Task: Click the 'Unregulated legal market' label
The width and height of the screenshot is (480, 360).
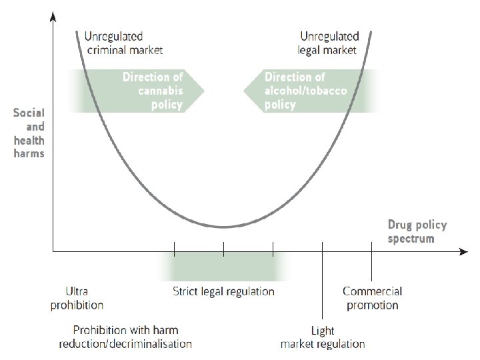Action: [329, 42]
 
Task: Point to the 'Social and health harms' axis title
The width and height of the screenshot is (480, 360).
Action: [29, 133]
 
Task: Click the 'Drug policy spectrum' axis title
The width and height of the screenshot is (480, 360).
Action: [417, 231]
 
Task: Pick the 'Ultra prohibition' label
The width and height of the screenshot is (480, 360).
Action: [77, 298]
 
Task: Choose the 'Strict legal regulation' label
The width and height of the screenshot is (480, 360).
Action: [223, 291]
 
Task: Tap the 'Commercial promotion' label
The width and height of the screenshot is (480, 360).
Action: [372, 298]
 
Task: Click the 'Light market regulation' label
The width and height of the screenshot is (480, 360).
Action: [323, 337]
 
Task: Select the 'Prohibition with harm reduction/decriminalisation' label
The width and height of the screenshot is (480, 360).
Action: [125, 337]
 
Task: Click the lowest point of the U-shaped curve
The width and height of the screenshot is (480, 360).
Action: [224, 227]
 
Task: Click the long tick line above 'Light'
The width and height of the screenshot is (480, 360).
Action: [323, 280]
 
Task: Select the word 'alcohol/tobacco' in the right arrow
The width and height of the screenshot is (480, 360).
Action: [305, 91]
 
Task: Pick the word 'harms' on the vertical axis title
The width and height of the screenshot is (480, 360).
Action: [29, 153]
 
